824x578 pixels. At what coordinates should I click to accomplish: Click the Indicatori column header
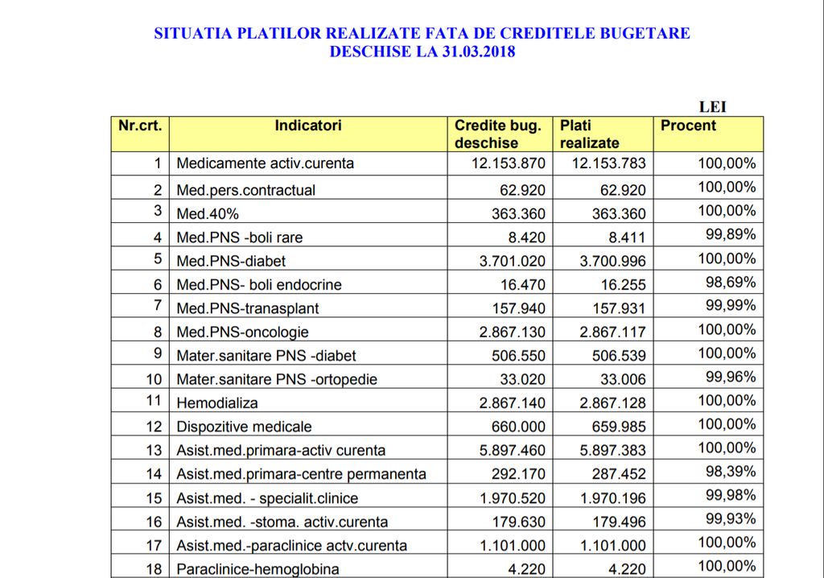[x=307, y=126]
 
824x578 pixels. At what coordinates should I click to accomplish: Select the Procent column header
[x=688, y=126]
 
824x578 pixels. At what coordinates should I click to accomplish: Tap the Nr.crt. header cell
[x=140, y=126]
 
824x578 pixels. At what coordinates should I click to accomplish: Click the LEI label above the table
[x=713, y=106]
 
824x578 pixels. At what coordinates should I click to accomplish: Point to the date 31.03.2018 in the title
[x=478, y=52]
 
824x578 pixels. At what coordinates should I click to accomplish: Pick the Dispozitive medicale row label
[x=244, y=427]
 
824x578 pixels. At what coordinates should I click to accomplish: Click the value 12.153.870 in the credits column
[x=508, y=163]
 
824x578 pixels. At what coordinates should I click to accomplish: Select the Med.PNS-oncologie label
[x=242, y=332]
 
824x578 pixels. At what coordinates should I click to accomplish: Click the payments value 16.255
[x=623, y=284]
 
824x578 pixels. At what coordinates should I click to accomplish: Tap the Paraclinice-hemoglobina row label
[x=257, y=569]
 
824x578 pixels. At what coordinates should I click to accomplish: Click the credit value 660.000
[x=518, y=427]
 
